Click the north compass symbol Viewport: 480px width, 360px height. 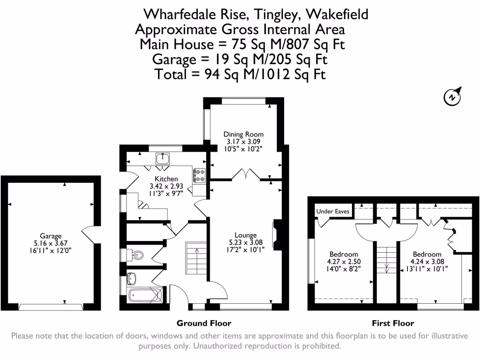pyautogui.click(x=451, y=97)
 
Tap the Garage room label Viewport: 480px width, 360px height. pyautogui.click(x=51, y=236)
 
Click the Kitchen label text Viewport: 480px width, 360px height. pyautogui.click(x=166, y=179)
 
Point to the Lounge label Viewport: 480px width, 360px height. pyautogui.click(x=246, y=235)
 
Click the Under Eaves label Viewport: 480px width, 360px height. pyautogui.click(x=333, y=211)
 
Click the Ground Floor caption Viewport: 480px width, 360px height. pyautogui.click(x=204, y=323)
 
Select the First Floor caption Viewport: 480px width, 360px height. pyautogui.click(x=393, y=323)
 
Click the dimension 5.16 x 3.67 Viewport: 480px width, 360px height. pyautogui.click(x=51, y=243)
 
